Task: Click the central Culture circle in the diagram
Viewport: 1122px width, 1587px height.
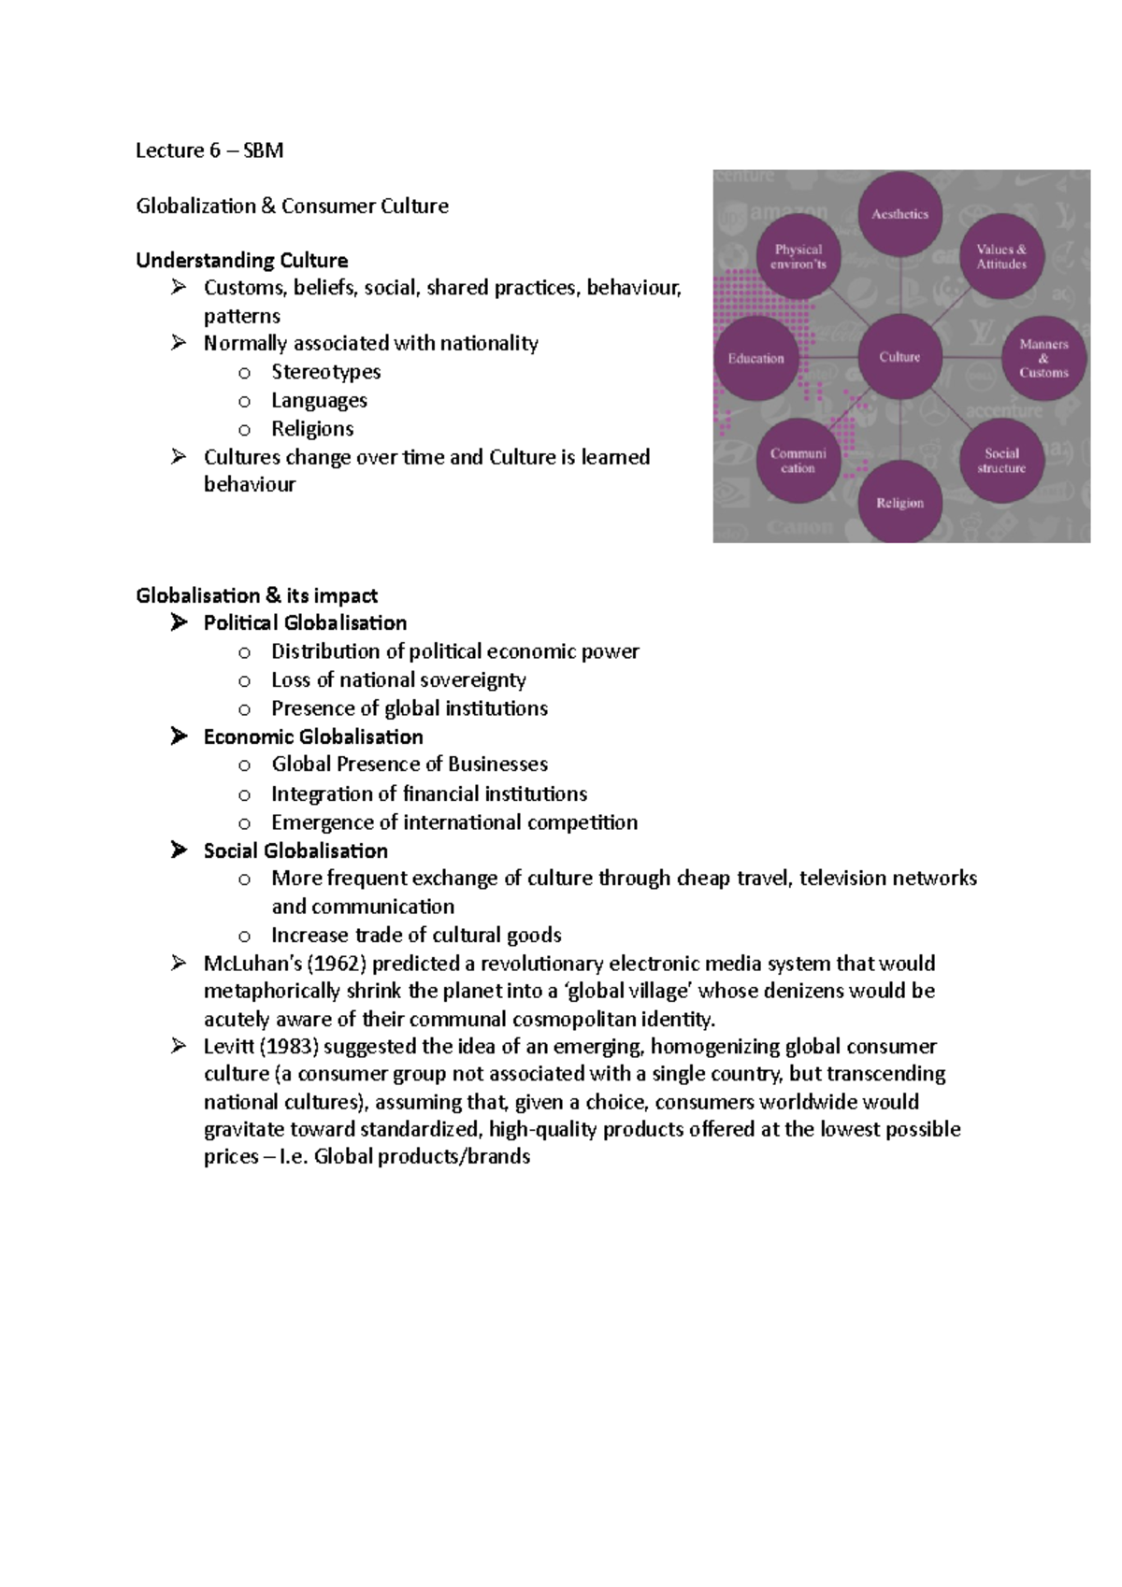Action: click(899, 357)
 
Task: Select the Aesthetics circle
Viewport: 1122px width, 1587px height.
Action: click(899, 214)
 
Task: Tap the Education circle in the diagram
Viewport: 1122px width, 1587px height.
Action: click(755, 359)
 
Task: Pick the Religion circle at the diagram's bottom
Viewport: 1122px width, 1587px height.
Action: click(899, 503)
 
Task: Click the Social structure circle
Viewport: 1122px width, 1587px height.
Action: click(1001, 460)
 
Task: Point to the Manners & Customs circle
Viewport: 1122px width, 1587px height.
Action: click(1043, 358)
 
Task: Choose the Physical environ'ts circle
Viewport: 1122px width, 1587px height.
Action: click(798, 256)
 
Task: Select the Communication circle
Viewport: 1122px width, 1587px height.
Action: click(798, 460)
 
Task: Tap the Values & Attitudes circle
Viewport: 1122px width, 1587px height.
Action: click(1001, 256)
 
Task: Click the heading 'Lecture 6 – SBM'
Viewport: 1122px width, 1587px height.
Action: click(209, 150)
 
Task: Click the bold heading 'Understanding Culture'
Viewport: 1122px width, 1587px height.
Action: click(241, 260)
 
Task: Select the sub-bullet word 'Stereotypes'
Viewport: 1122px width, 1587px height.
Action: click(325, 372)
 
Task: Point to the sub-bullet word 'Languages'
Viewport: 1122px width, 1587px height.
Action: click(319, 400)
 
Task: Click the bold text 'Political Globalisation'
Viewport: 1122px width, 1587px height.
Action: click(305, 622)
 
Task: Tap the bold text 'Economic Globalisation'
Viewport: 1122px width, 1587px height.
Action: click(313, 736)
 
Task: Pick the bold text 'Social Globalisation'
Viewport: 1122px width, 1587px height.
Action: click(295, 851)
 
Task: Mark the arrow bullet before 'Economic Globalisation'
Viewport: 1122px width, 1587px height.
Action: click(179, 736)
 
